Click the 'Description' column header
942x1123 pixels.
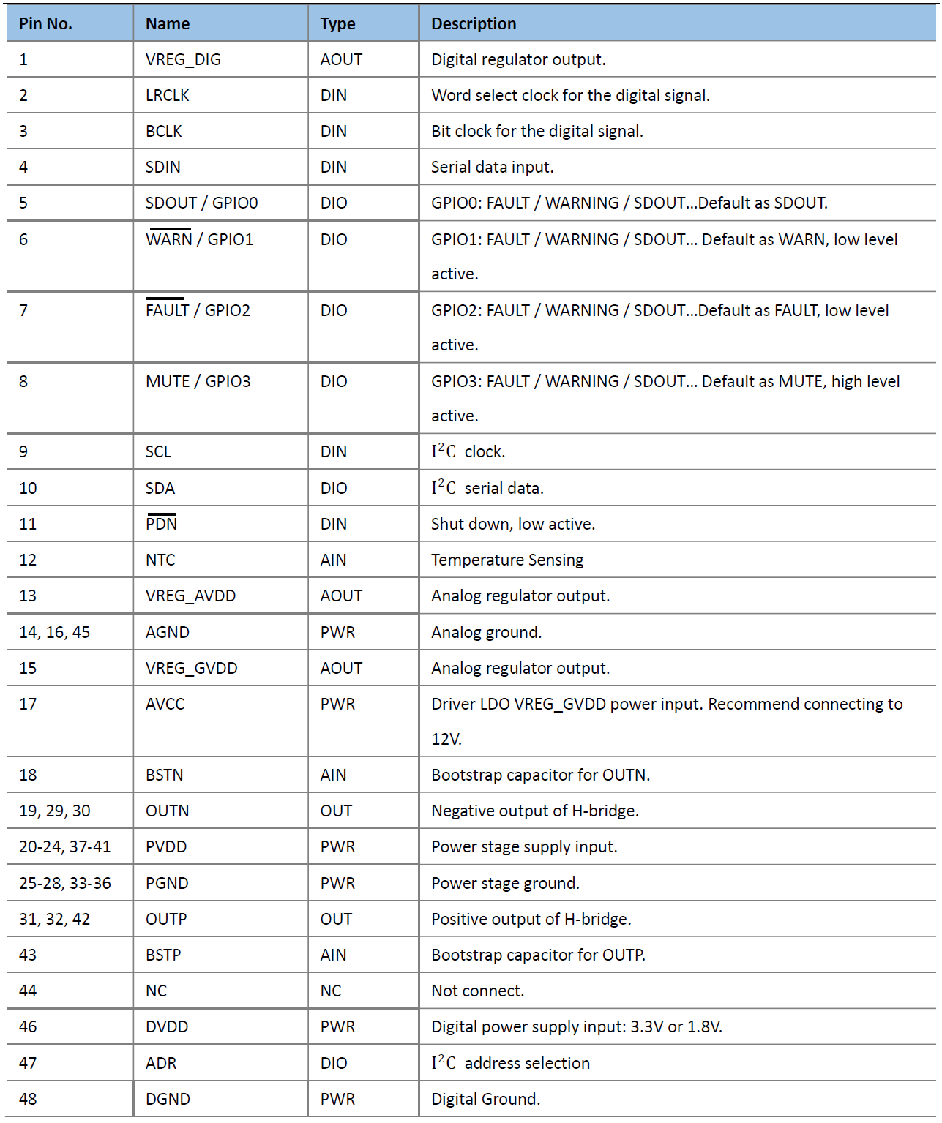tap(474, 23)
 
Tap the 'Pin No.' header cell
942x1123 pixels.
tap(45, 23)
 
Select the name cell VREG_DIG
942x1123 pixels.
tap(183, 59)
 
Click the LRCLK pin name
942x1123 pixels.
tap(167, 95)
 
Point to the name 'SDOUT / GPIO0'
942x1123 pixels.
tap(201, 203)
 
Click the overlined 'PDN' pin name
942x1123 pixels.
tap(161, 524)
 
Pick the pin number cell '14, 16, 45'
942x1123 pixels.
tap(54, 632)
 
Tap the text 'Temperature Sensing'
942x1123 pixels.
tap(507, 560)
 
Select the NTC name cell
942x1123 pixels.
tap(160, 560)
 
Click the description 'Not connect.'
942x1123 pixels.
tap(477, 991)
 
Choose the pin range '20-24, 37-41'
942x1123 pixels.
tap(64, 846)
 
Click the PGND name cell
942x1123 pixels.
tap(167, 883)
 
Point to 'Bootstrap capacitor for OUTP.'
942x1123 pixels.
tap(538, 955)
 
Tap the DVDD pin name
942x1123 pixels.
tap(167, 1026)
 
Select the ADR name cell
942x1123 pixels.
tap(161, 1063)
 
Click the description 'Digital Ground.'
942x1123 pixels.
tap(485, 1099)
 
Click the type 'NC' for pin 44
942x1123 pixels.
tap(331, 991)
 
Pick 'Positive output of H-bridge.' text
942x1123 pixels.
tap(531, 919)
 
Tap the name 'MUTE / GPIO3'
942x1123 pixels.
tap(198, 381)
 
